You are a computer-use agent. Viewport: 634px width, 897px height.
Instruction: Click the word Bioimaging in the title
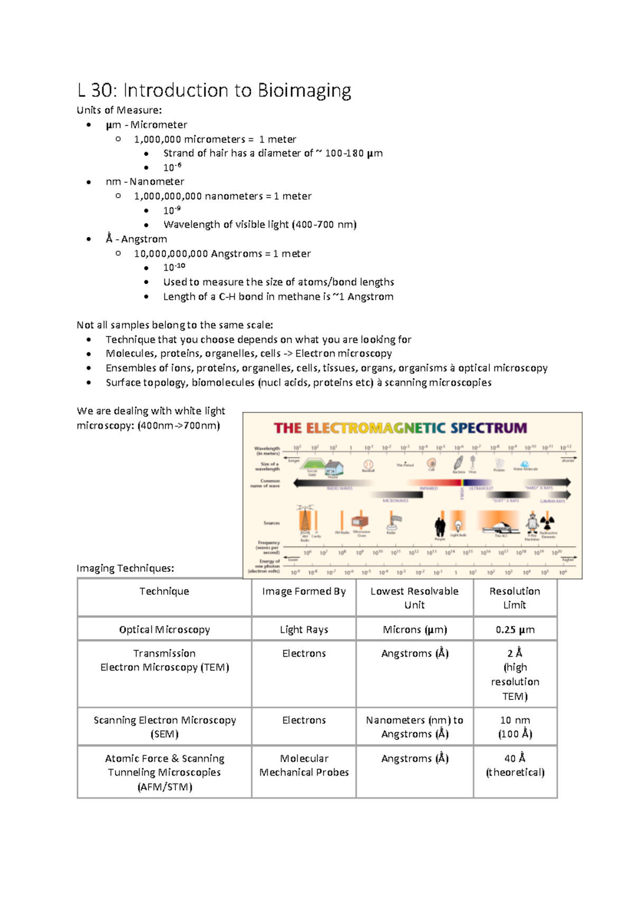304,91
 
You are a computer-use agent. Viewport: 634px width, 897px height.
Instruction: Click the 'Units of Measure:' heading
119,110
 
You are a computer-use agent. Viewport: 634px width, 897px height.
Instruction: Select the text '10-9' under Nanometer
172,210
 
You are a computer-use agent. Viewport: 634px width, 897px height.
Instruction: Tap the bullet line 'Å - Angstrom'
136,239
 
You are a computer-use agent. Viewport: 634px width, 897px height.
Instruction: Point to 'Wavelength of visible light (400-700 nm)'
260,225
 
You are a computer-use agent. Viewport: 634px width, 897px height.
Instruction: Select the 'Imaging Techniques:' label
125,568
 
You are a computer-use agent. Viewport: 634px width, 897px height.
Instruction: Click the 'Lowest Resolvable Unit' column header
414,598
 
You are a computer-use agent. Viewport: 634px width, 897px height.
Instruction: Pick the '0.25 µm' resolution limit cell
515,630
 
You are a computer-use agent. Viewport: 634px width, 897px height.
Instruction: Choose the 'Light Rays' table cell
304,630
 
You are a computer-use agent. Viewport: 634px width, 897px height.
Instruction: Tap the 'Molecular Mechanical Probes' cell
304,765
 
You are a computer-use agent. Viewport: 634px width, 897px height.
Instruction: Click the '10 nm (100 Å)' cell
515,727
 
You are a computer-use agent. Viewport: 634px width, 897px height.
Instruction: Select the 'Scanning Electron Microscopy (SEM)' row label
164,727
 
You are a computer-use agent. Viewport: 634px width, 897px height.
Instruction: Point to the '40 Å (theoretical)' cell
515,765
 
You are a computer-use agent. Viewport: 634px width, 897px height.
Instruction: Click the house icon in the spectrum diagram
334,468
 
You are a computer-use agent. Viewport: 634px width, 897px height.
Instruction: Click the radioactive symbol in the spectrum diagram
548,522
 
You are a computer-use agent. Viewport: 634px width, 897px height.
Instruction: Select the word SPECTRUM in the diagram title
489,428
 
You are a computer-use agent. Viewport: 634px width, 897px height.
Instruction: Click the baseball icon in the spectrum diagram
368,465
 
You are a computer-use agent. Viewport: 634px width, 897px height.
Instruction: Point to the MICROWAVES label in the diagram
395,501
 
